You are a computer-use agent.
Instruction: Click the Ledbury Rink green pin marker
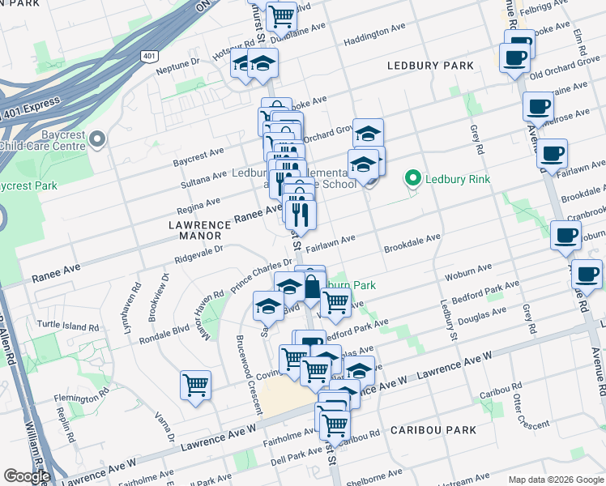412,177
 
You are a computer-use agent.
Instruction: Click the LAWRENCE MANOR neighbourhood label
195,229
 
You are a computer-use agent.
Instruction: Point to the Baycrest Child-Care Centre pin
97,140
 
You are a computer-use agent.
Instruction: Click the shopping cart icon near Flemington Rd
195,386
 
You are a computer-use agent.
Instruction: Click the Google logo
27,476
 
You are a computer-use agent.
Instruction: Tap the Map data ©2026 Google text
555,480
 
